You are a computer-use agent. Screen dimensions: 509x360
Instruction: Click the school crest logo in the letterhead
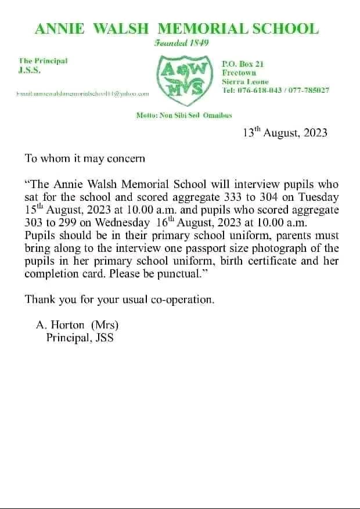pos(184,77)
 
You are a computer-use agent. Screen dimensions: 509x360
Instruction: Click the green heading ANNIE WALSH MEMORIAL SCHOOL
pos(177,28)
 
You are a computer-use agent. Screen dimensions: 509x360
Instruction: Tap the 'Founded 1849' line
pos(181,44)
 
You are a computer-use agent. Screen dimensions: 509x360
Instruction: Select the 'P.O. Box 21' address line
pos(243,64)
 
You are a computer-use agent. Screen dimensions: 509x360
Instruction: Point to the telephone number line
pos(276,91)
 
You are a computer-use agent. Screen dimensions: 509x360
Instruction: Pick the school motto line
pos(183,115)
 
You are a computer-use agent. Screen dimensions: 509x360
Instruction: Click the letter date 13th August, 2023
pos(285,133)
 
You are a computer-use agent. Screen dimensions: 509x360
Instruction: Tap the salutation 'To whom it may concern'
pos(85,158)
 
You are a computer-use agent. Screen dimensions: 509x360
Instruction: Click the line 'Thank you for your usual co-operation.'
pos(120,299)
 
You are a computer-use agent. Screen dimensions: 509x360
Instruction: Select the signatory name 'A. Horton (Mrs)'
pos(77,325)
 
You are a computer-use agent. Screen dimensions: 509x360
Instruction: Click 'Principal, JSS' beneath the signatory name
pos(84,338)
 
